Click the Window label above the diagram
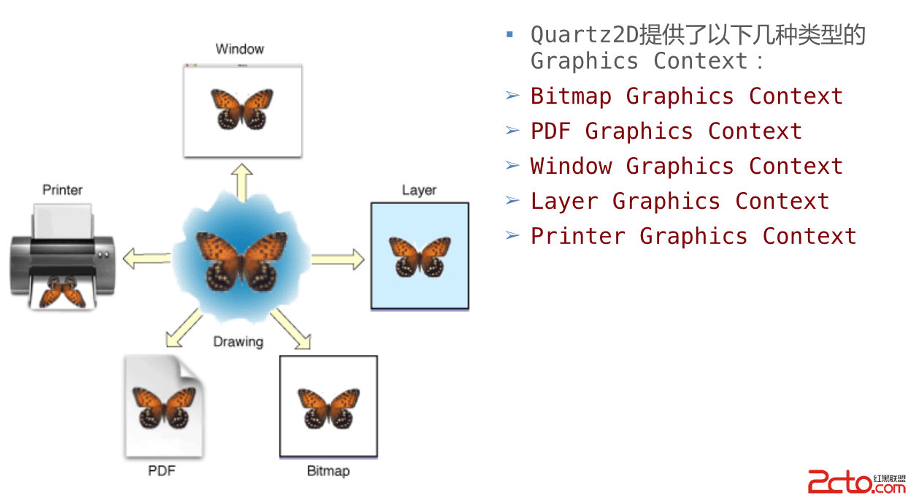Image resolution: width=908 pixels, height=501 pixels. pos(239,49)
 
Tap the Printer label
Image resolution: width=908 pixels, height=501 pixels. pos(63,190)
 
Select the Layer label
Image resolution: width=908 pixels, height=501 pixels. pos(419,190)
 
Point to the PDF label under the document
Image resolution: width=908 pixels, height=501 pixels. pos(162,470)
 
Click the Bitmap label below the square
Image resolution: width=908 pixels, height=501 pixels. pos(328,471)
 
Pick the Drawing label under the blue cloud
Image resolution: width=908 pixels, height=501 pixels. pos(238,341)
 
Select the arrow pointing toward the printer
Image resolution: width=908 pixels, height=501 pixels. pos(146,258)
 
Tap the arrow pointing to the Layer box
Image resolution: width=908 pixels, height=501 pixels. pos(338,259)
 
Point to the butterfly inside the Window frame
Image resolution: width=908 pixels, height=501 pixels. pos(242,108)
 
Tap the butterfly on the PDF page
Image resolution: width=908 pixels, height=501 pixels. pos(163,407)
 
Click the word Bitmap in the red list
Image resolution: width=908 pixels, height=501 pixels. pos(571,96)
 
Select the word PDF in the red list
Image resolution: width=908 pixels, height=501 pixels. pos(550,131)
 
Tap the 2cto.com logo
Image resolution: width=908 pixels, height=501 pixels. pos(855,482)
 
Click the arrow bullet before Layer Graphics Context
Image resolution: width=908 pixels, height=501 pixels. pos(512,200)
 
